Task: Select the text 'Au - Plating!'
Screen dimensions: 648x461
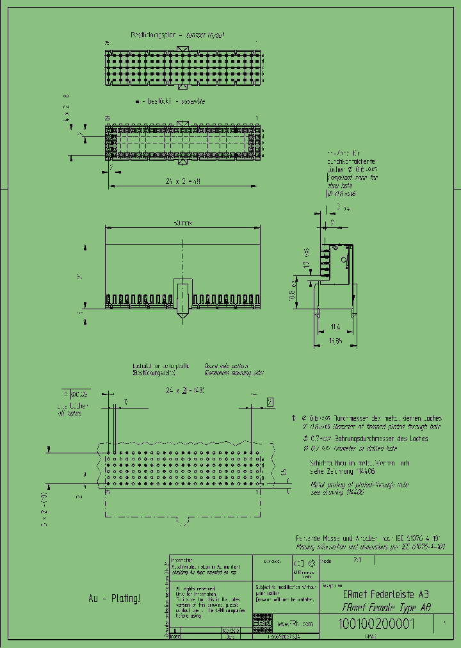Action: point(114,598)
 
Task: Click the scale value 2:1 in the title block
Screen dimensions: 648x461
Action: point(355,559)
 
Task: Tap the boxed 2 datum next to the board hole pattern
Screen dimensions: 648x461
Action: point(270,402)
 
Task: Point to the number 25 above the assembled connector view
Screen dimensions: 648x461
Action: point(108,118)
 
